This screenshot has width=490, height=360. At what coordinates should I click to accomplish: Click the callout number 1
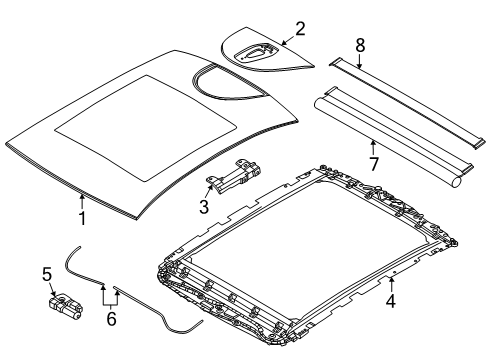pyautogui.click(x=82, y=218)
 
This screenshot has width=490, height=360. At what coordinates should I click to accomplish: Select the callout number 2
pyautogui.click(x=300, y=29)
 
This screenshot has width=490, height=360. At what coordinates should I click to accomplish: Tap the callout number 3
pyautogui.click(x=204, y=206)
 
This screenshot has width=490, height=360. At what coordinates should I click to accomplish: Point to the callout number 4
pyautogui.click(x=391, y=301)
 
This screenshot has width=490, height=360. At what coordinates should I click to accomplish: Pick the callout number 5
pyautogui.click(x=47, y=274)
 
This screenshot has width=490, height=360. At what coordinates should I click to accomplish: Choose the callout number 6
pyautogui.click(x=111, y=319)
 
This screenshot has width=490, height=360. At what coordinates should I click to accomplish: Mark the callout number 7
pyautogui.click(x=374, y=164)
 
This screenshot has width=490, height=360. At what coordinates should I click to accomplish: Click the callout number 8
pyautogui.click(x=360, y=45)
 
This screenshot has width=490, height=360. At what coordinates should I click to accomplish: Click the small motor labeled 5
pyautogui.click(x=66, y=305)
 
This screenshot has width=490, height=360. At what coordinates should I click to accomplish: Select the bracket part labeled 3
pyautogui.click(x=233, y=176)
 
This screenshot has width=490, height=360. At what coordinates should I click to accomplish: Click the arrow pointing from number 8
pyautogui.click(x=360, y=61)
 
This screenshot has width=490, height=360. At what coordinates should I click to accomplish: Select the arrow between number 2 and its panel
pyautogui.click(x=288, y=40)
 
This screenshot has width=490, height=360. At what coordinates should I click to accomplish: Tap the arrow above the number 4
pyautogui.click(x=392, y=284)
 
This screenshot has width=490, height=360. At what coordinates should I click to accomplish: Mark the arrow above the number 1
pyautogui.click(x=82, y=202)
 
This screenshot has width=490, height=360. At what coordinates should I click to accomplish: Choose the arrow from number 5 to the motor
pyautogui.click(x=53, y=289)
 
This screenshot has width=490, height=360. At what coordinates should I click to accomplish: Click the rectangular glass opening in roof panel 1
pyautogui.click(x=146, y=128)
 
